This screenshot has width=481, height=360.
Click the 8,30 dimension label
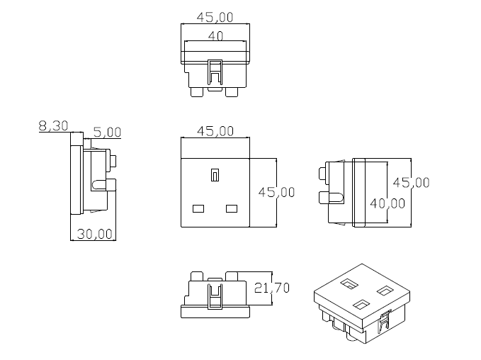pos(53,126)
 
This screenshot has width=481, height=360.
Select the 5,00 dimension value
pos(107,132)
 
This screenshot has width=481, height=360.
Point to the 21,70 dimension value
pos(271,288)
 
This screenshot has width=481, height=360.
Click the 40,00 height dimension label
pos(387,203)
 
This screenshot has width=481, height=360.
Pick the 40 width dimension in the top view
pos(215,35)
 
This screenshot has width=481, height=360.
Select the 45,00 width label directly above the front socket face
pos(215,130)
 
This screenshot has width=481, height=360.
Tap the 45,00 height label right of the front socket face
pos(276,192)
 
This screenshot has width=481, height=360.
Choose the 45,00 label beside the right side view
pos(412,182)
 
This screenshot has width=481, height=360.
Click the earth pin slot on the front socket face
pos(215,174)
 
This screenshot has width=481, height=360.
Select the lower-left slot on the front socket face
pos(198,208)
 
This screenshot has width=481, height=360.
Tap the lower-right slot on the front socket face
pos(231,208)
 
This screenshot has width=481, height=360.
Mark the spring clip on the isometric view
pos(385,322)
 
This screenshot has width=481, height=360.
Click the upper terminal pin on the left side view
pos(112,159)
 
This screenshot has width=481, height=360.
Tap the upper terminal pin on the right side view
pos(325,173)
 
